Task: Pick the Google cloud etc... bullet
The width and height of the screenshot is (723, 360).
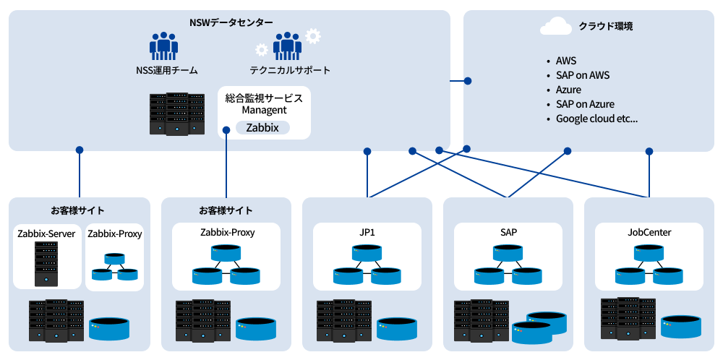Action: [596, 119]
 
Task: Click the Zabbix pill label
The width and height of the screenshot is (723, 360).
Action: [262, 128]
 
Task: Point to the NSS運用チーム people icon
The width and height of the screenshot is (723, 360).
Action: [164, 46]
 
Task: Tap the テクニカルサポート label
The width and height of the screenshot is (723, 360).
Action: [290, 71]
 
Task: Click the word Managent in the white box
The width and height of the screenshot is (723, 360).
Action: [264, 111]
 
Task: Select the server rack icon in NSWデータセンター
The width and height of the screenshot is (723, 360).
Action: [176, 114]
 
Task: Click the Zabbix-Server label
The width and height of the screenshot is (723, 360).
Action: [46, 234]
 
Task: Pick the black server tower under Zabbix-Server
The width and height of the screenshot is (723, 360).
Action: [46, 263]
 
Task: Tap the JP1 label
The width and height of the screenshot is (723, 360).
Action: [367, 233]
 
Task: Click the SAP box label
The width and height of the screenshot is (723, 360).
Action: [508, 233]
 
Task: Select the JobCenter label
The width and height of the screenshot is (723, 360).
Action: [649, 233]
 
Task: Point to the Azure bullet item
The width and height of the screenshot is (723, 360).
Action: [568, 90]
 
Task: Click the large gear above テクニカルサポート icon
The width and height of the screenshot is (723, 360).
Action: [313, 35]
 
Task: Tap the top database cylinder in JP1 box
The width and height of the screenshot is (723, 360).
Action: [367, 253]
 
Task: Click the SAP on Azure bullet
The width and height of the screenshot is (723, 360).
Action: [585, 104]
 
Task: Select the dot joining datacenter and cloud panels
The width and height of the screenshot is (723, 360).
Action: [467, 80]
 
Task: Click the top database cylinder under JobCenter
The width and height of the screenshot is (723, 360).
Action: [649, 253]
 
